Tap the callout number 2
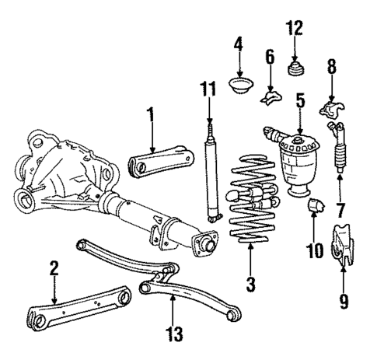[54, 270]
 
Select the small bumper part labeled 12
[295, 71]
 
